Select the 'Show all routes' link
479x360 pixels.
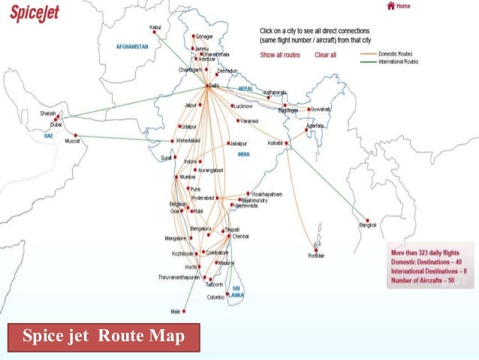pyautogui.click(x=280, y=55)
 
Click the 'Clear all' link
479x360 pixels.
pyautogui.click(x=325, y=55)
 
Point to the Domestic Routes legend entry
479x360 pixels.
pyautogui.click(x=399, y=54)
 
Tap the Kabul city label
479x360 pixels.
pyautogui.click(x=155, y=27)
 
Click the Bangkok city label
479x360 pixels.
pyautogui.click(x=367, y=225)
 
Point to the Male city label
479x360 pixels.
pyautogui.click(x=175, y=311)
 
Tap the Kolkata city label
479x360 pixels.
pyautogui.click(x=276, y=142)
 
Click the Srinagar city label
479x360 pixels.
pyautogui.click(x=204, y=36)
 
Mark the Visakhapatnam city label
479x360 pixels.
pyautogui.click(x=266, y=194)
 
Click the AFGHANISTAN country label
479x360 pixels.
pyautogui.click(x=133, y=47)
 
